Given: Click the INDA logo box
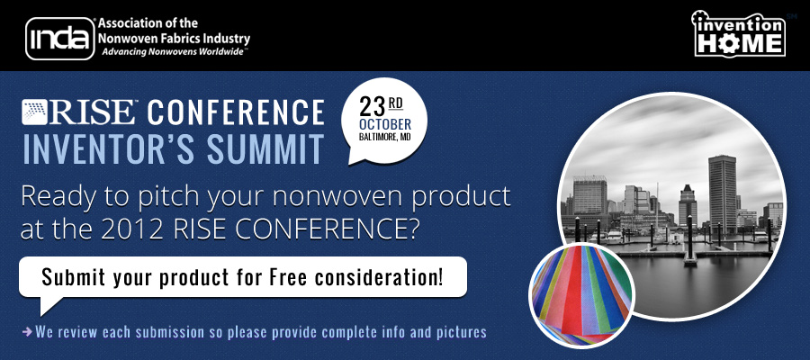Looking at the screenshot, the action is [x=60, y=39].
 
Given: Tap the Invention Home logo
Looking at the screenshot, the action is [x=739, y=33].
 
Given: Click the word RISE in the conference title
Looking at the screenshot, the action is [x=93, y=112].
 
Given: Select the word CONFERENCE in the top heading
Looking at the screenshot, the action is [x=236, y=112].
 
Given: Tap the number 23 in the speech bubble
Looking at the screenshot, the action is [x=373, y=107].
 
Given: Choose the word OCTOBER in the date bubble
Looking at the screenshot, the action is [x=385, y=125].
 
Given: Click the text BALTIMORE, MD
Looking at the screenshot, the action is [x=385, y=137].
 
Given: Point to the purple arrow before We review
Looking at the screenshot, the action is [x=27, y=331].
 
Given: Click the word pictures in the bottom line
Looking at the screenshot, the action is [x=459, y=332].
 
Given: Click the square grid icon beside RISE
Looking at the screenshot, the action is [x=34, y=112].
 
